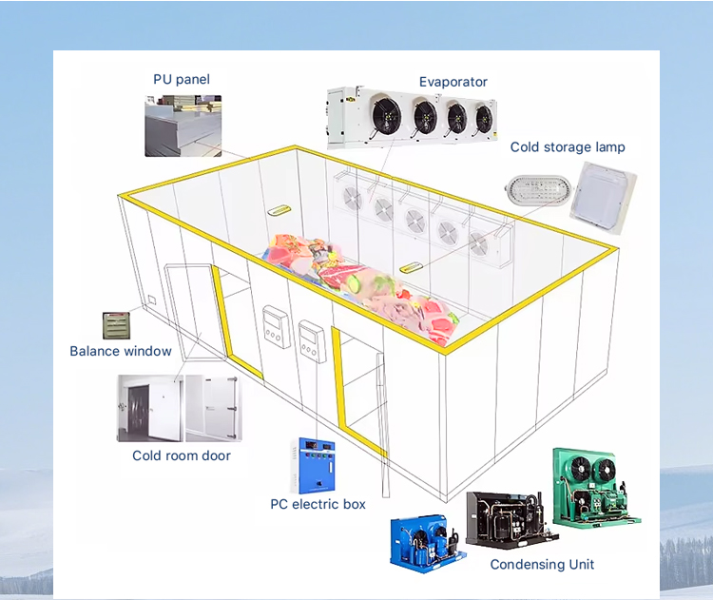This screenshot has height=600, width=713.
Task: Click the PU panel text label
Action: (x=182, y=79)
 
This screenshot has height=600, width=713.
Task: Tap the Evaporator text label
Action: (x=453, y=83)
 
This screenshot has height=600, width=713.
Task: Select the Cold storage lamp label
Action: (x=568, y=147)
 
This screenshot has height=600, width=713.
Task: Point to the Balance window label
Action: (x=121, y=351)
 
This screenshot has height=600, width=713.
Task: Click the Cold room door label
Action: (x=182, y=455)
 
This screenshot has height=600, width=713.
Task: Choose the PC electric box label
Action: (x=318, y=504)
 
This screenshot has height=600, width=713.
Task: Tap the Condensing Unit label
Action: (x=542, y=564)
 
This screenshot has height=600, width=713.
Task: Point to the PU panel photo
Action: (x=183, y=126)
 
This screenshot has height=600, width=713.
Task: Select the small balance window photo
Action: (x=115, y=325)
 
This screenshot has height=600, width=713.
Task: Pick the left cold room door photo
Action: (x=148, y=408)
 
